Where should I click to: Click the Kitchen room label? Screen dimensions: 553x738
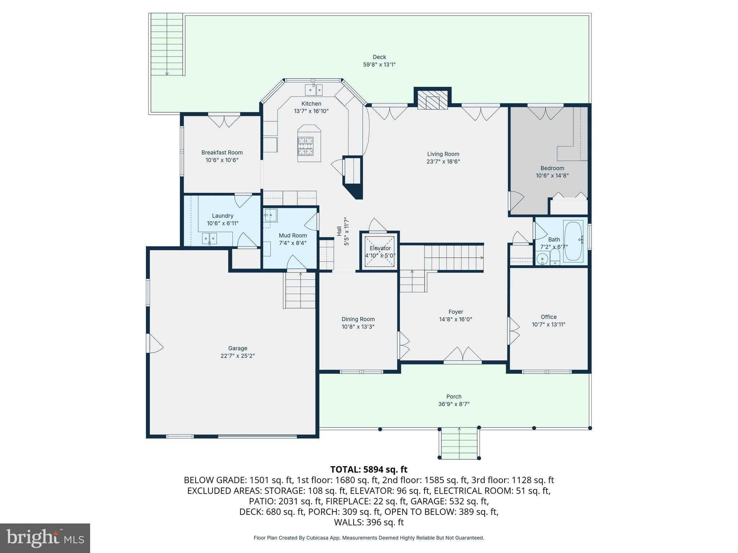pos(311,104)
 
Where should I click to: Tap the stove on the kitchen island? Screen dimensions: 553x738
pos(305,145)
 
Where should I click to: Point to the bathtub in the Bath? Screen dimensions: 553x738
pos(573,241)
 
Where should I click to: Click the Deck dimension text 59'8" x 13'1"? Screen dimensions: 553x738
pos(379,65)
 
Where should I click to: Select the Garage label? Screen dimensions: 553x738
pos(237,348)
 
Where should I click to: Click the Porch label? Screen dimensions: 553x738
pos(454,396)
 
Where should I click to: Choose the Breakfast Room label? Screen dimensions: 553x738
pos(222,152)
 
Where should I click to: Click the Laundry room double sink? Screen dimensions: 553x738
pos(209,238)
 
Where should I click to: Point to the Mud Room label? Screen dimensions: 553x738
pos(293,235)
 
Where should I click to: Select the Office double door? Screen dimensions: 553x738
pos(514,331)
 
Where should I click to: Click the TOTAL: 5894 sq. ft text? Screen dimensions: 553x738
pos(369,469)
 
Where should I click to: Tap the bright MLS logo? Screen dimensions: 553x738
pos(45,538)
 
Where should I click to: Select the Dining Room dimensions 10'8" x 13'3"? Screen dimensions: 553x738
pos(358,327)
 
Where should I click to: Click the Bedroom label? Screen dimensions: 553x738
pos(552,168)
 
